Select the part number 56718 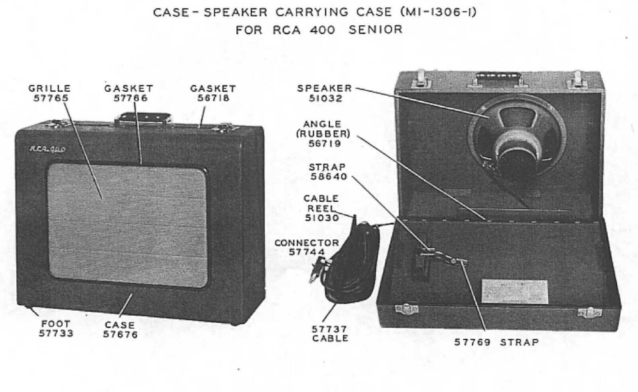213,98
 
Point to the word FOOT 55,323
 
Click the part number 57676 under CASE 120,335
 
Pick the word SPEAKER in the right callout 324,88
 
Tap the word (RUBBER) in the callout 323,134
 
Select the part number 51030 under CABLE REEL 322,218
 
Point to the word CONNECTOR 306,242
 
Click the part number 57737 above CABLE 329,329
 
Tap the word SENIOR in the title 375,30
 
